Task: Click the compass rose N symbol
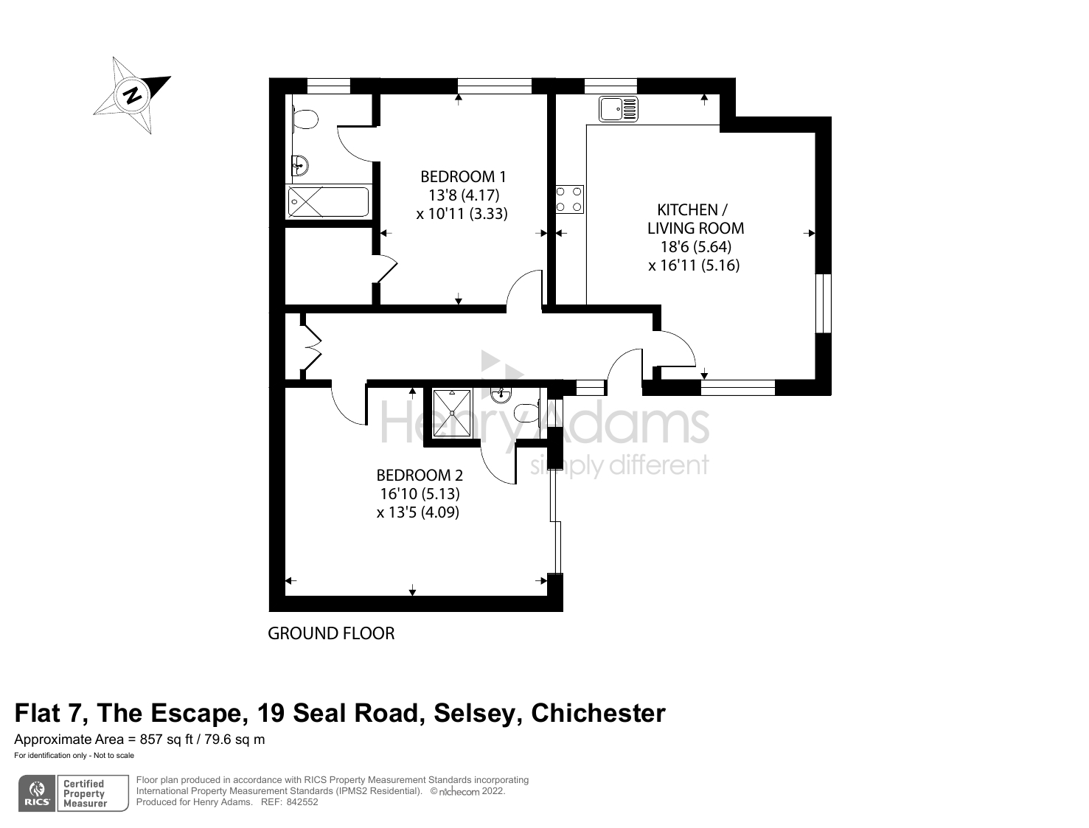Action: click(x=133, y=95)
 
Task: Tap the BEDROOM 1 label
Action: click(x=463, y=177)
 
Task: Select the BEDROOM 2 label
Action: click(x=420, y=476)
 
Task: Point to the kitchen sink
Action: click(x=619, y=109)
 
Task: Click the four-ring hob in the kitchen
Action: click(x=569, y=199)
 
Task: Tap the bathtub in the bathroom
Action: click(x=328, y=201)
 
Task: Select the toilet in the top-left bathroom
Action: click(x=305, y=118)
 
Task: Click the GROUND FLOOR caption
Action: click(x=331, y=633)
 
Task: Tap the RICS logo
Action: click(x=37, y=793)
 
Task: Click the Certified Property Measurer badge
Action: click(x=85, y=793)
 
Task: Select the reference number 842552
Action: click(x=302, y=802)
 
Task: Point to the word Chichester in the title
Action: click(x=598, y=713)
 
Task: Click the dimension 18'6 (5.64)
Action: click(x=690, y=247)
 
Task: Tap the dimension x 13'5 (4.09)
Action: click(x=418, y=512)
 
